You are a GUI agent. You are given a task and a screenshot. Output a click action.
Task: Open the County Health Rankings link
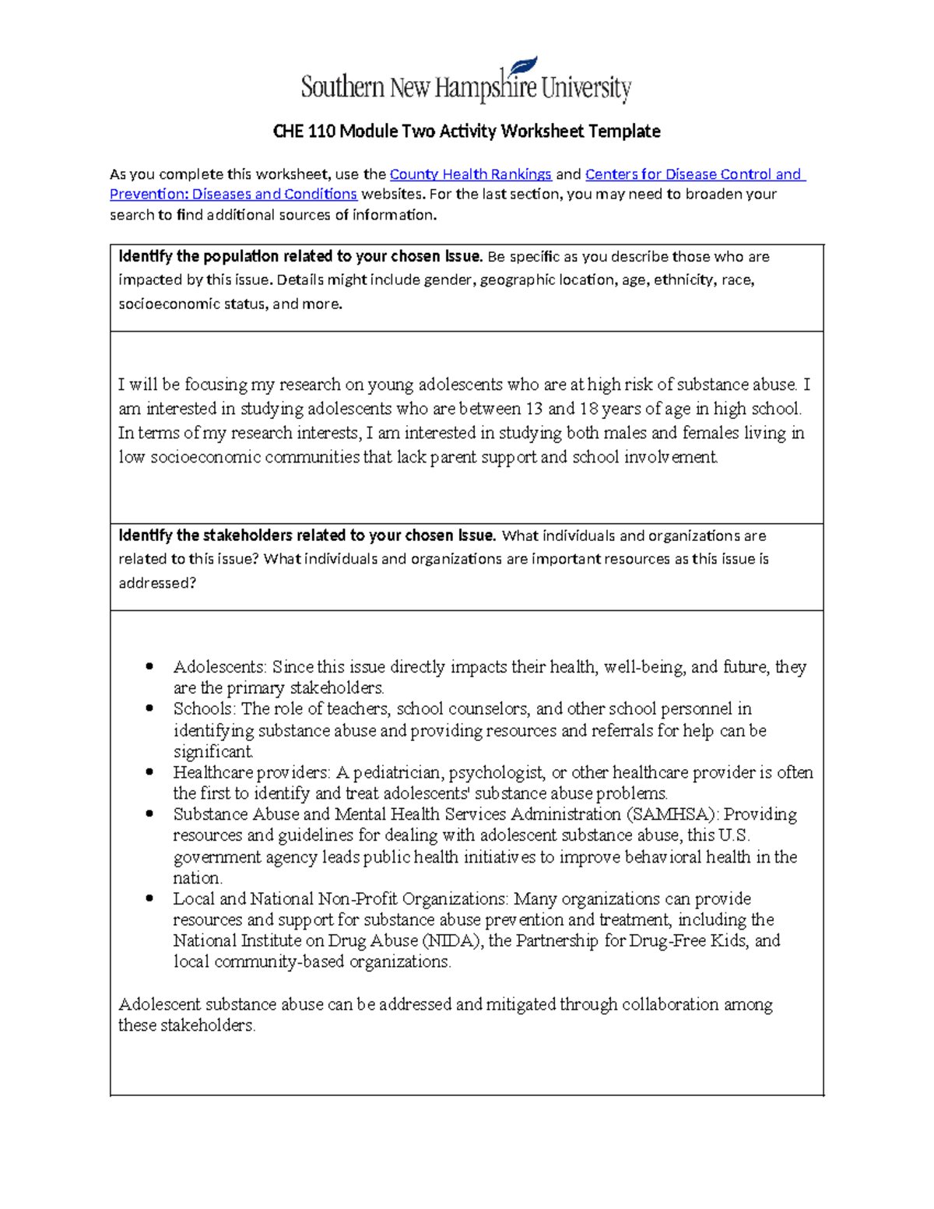point(470,174)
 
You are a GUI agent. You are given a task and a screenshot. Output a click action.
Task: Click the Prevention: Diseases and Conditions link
point(233,195)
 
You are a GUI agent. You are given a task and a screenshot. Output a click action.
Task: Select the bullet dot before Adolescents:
point(149,667)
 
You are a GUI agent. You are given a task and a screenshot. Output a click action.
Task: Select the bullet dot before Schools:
point(149,709)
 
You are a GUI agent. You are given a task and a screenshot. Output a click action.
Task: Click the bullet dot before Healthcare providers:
point(149,773)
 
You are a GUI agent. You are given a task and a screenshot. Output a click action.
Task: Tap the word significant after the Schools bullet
point(212,752)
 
